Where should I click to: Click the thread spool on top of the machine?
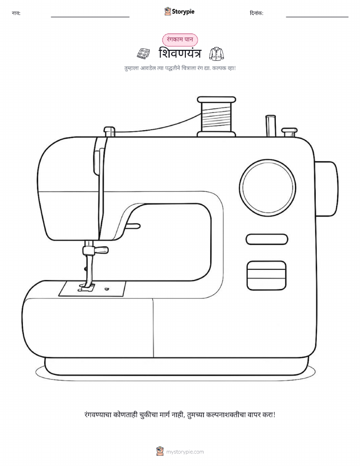(x=216, y=116)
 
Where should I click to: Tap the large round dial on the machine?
(x=267, y=188)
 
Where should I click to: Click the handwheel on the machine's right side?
(x=326, y=189)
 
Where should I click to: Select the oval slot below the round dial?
(x=267, y=239)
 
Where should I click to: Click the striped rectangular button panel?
(x=267, y=275)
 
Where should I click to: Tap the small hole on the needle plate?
(x=107, y=288)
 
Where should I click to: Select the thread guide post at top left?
(x=109, y=132)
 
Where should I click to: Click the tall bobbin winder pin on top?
(x=271, y=126)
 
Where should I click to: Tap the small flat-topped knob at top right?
(x=289, y=132)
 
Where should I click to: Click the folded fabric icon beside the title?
(x=144, y=53)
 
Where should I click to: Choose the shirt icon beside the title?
(x=216, y=53)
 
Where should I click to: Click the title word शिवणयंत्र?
(x=180, y=53)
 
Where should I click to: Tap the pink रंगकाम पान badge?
(x=180, y=40)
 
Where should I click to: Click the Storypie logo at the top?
(x=179, y=12)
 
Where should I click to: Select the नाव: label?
(x=16, y=13)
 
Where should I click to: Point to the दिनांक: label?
(x=256, y=13)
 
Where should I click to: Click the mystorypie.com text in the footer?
(x=185, y=452)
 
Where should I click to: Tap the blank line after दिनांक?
(x=317, y=17)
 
